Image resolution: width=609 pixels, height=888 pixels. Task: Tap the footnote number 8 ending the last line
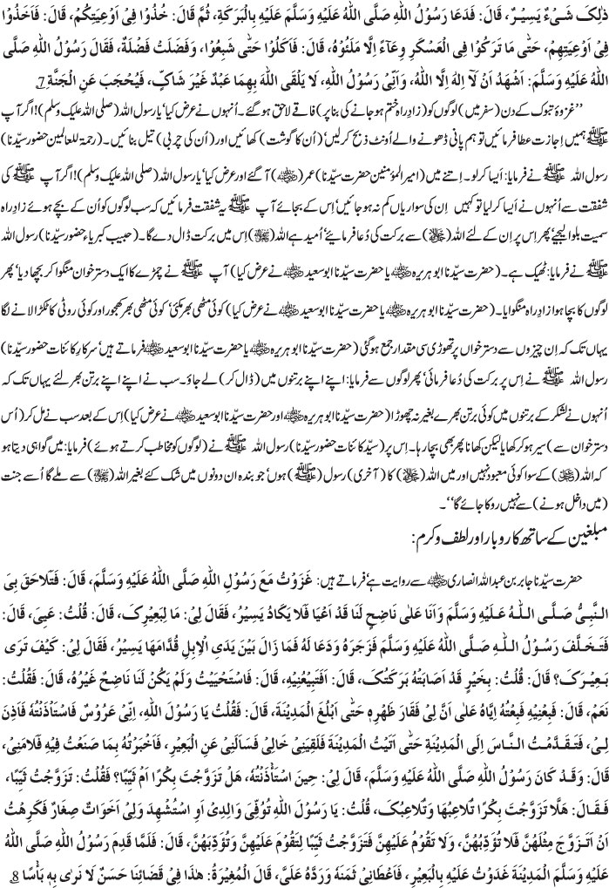click(x=596, y=873)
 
